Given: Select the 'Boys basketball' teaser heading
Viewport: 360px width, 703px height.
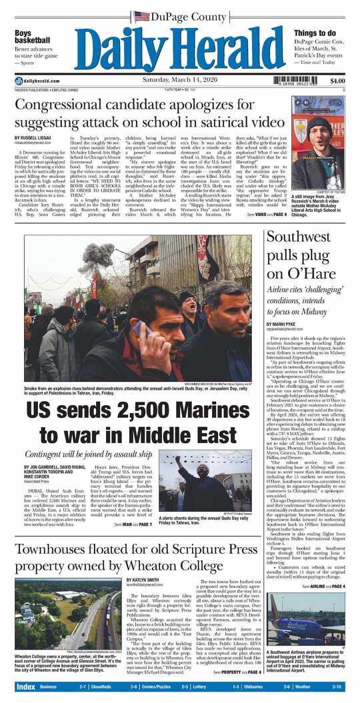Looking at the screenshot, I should [x=32, y=38].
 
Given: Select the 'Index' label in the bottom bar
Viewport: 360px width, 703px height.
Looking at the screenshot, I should [x=25, y=686].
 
